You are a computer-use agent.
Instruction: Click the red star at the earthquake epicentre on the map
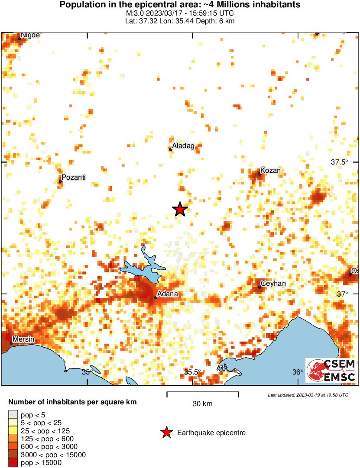[180, 210]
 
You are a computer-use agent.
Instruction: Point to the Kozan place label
[271, 171]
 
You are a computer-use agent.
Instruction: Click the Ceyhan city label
[273, 284]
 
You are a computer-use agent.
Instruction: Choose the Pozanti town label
[74, 177]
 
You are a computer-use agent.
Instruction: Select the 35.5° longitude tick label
[193, 372]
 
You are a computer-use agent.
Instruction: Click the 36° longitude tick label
[298, 372]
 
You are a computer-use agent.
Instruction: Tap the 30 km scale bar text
[202, 404]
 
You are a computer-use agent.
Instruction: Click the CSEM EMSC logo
[331, 370]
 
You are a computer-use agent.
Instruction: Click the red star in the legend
[166, 432]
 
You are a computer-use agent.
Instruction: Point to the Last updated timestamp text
[308, 395]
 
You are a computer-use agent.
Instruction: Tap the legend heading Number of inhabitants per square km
[72, 402]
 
